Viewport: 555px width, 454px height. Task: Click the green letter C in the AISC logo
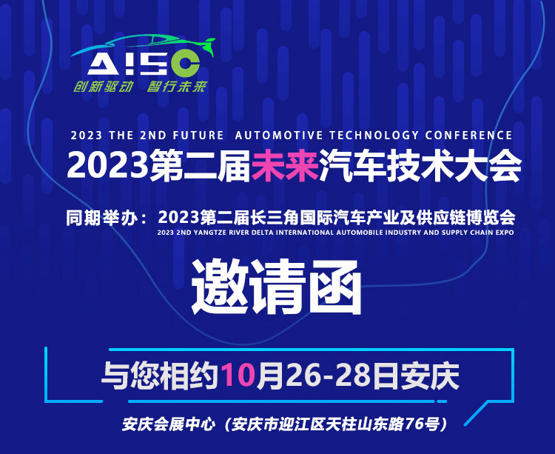coord(185,64)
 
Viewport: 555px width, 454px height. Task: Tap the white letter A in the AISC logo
coord(104,64)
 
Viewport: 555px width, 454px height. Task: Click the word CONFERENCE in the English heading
coord(468,136)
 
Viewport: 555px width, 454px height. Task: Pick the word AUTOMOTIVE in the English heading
coord(279,136)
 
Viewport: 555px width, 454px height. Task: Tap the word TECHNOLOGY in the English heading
coord(374,136)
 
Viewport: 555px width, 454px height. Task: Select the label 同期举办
coord(101,218)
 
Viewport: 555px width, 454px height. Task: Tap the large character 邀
coord(218,287)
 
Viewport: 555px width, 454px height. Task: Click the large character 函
coord(334,287)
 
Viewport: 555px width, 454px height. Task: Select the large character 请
coord(277,287)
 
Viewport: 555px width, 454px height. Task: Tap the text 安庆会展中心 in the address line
coord(169,424)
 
